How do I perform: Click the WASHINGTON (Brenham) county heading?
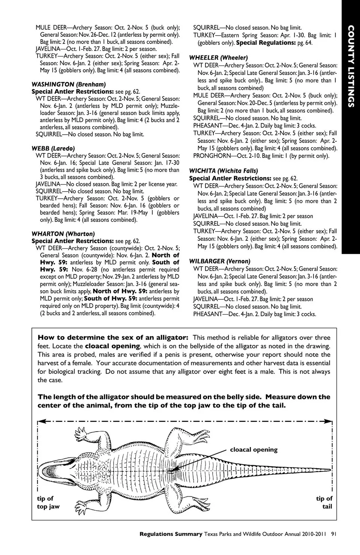[69, 84]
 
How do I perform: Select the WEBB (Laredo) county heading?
[53, 148]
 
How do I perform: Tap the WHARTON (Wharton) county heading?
[63, 234]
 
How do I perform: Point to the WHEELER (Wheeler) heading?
[218, 58]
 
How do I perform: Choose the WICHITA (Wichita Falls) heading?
[223, 171]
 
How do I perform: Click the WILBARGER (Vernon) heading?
[219, 261]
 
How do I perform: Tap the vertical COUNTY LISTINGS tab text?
[351, 66]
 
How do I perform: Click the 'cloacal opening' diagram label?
[253, 450]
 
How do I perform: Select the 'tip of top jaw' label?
[48, 502]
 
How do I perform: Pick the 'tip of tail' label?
[324, 502]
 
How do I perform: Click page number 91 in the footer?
[334, 534]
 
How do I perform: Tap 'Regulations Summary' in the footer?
[171, 534]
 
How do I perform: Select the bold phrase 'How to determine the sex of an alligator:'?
[113, 337]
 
